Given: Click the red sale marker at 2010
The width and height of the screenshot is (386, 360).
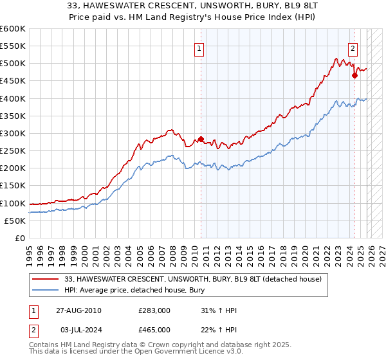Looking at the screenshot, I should (201, 139).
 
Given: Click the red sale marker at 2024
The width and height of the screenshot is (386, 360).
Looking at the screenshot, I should (354, 75).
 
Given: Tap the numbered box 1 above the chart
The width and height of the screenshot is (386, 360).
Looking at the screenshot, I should (199, 48).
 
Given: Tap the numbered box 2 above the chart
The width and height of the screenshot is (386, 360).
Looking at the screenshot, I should (353, 48).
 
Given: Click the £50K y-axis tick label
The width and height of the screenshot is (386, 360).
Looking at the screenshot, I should (15, 221).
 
